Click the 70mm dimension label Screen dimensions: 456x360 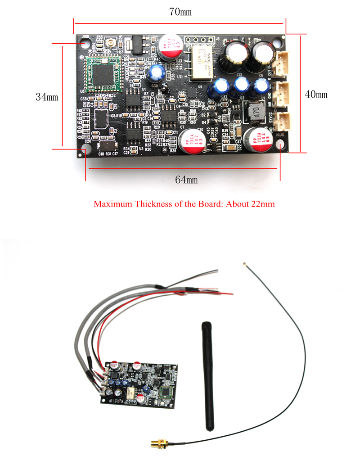click(180, 12)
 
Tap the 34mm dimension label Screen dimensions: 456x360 click(47, 96)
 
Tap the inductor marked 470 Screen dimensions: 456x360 click(252, 111)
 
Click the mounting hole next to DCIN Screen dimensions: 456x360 click(280, 145)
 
